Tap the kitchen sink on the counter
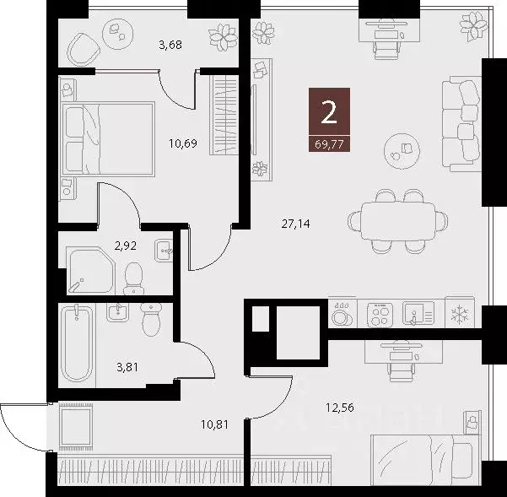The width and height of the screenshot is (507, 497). point(417,313)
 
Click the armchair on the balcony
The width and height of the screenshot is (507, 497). point(84,51)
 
